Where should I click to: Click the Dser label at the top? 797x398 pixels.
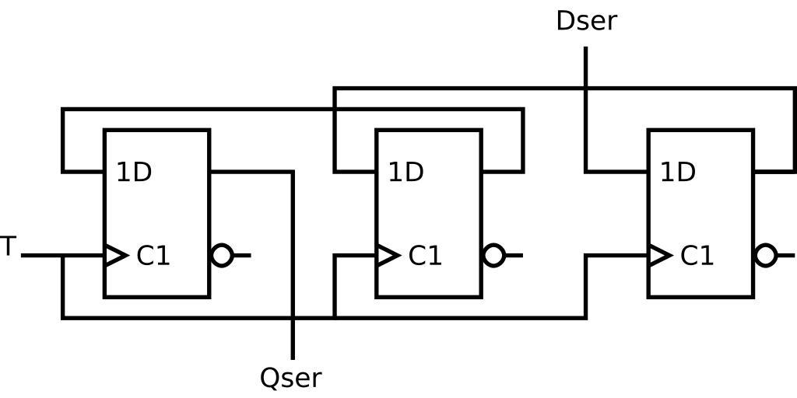586,21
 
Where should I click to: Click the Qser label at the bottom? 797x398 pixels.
290,378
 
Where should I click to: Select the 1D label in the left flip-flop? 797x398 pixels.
134,173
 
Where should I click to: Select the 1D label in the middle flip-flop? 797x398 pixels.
406,173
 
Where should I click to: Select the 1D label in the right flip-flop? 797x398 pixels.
677,173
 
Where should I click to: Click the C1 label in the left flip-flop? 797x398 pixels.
153,256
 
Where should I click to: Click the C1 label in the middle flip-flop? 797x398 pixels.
425,256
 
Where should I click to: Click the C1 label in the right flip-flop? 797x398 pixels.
697,256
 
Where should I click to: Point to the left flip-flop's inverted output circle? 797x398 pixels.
223,255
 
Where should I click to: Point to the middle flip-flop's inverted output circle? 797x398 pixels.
494,255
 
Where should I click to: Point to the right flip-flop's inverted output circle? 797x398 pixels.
766,255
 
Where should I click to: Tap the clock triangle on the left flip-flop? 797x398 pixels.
116,255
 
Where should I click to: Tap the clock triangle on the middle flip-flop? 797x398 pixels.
388,255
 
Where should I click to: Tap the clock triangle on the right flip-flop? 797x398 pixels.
659,255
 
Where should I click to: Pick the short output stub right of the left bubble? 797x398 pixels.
242,255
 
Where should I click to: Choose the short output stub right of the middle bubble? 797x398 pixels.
514,255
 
